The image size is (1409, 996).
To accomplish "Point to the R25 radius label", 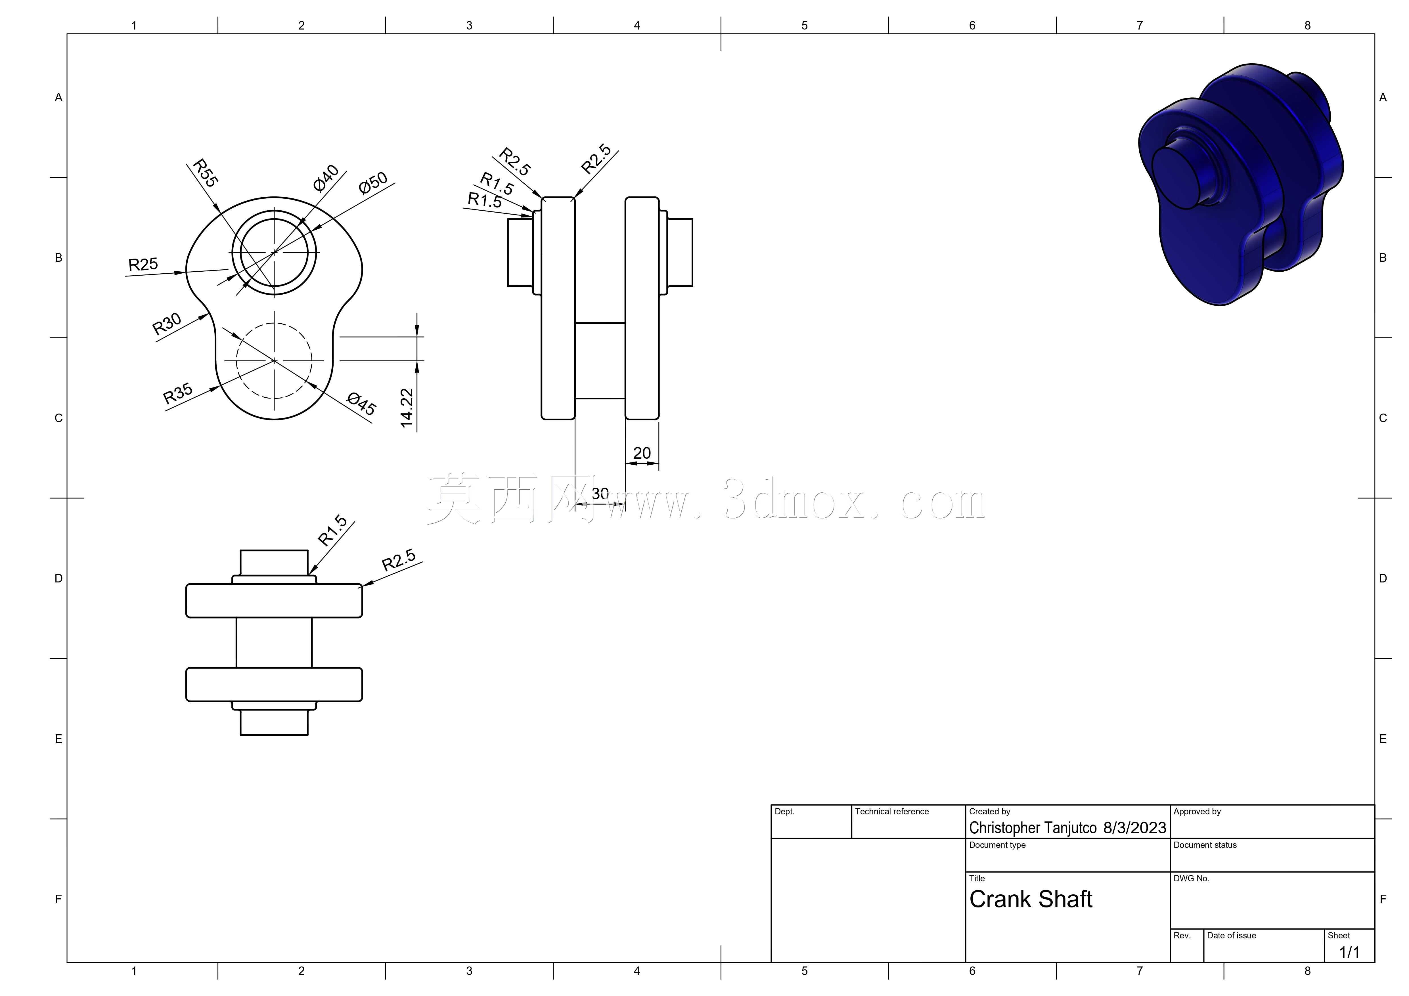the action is coord(143,265).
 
